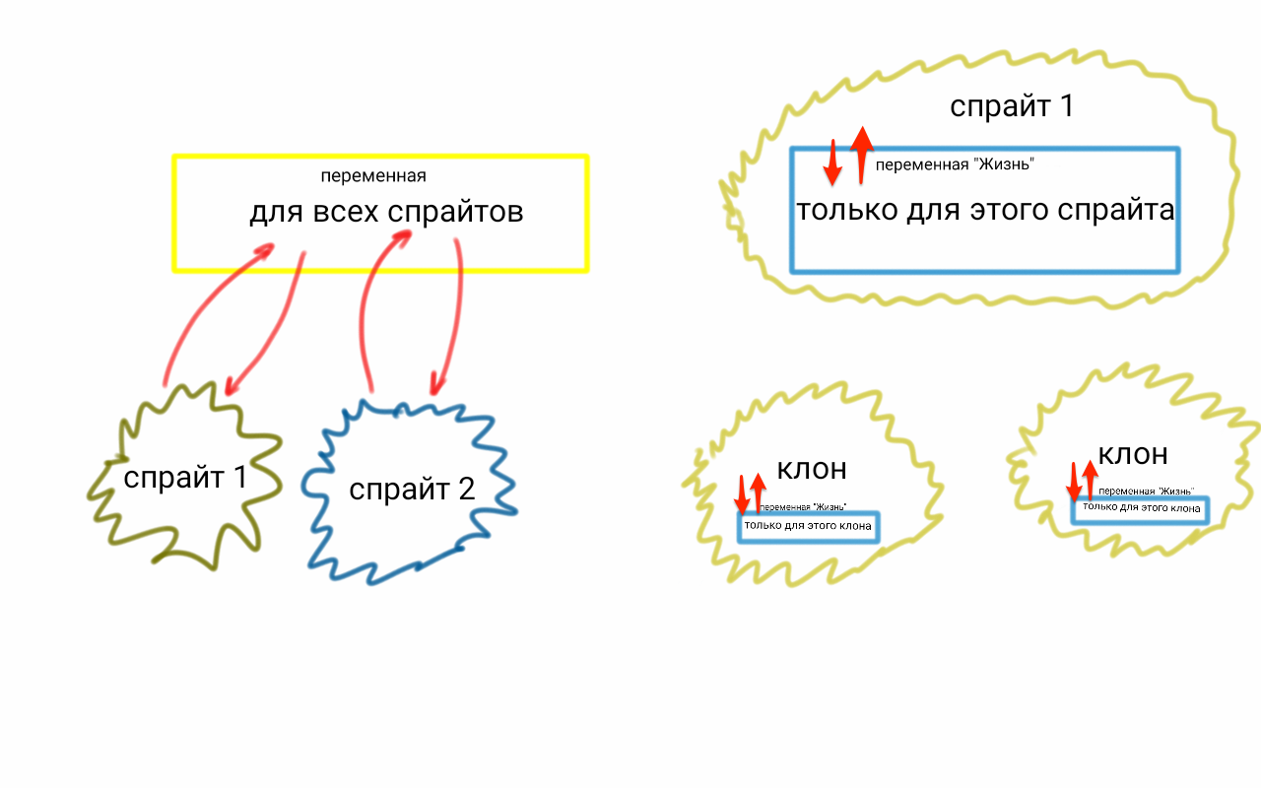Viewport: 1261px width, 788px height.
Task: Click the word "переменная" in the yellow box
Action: tap(373, 176)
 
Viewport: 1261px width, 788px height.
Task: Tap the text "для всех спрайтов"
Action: tap(386, 212)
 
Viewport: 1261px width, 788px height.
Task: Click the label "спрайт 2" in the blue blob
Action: tap(412, 489)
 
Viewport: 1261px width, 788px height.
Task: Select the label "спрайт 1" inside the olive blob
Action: tap(185, 478)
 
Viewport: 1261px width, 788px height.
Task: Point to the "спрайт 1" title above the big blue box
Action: tap(1011, 105)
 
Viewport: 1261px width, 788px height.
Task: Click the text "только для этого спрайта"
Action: tap(985, 211)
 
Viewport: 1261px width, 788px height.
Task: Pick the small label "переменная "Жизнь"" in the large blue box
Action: tap(954, 164)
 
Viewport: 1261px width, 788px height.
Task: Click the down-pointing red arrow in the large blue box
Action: tap(832, 163)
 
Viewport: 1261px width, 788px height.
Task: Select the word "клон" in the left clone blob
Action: tap(812, 469)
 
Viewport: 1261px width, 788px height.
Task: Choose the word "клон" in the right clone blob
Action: tap(1133, 454)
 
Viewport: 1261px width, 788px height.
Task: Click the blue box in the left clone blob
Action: tap(808, 527)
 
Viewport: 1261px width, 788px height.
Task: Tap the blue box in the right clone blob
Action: tap(1140, 510)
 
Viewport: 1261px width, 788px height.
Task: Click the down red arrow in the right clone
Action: tap(1075, 482)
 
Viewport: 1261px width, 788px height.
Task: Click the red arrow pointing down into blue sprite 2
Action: tap(451, 315)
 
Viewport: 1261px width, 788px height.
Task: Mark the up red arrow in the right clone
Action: tap(1090, 477)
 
